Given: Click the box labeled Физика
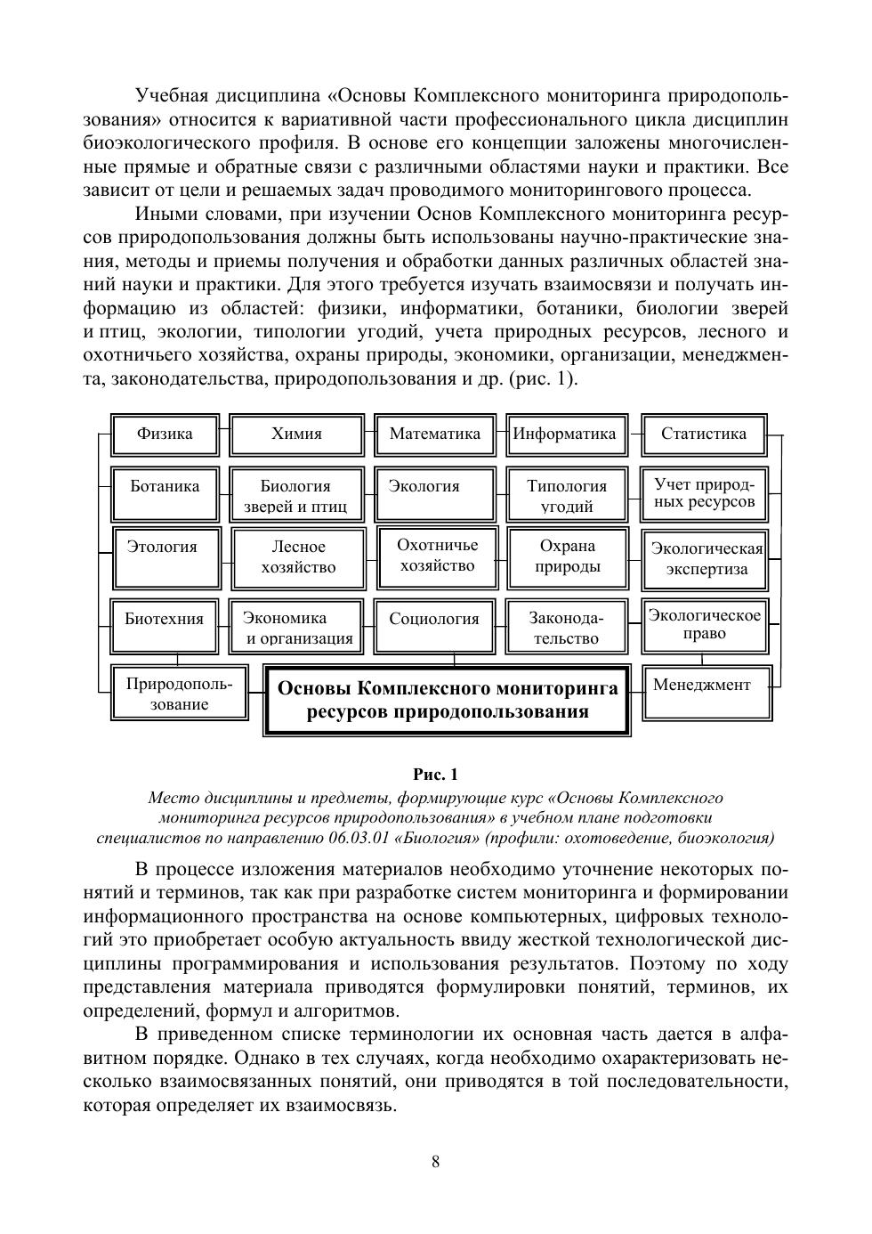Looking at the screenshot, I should pyautogui.click(x=166, y=434).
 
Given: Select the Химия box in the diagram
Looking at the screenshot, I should pyautogui.click(x=297, y=434).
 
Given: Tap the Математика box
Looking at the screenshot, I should pyautogui.click(x=435, y=434).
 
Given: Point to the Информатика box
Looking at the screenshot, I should pyautogui.click(x=566, y=434).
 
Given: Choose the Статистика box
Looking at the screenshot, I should pyautogui.click(x=704, y=434).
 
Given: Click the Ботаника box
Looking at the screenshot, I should pyautogui.click(x=166, y=493).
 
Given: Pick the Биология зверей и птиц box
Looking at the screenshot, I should pyautogui.click(x=297, y=495).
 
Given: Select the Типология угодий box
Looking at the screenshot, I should pyautogui.click(x=567, y=495).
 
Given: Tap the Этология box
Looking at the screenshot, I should pyautogui.click(x=166, y=557).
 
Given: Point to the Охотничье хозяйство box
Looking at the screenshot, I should pyautogui.click(x=437, y=556).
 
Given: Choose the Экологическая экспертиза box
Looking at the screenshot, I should pyautogui.click(x=706, y=559).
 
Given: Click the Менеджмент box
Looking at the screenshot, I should pyautogui.click(x=706, y=692).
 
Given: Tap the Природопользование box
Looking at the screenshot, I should pyautogui.click(x=179, y=692).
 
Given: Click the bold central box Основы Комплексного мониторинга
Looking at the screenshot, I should pyautogui.click(x=447, y=700).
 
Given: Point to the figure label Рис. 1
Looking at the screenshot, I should pyautogui.click(x=435, y=774).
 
